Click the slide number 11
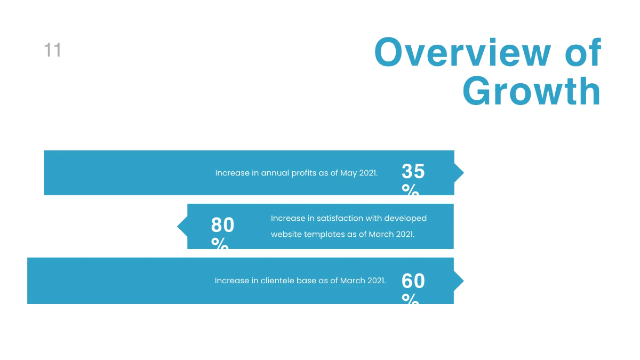[52, 51]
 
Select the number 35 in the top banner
[413, 172]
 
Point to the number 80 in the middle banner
[222, 225]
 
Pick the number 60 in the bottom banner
[413, 281]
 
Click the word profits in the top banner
[303, 173]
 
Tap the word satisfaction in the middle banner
[339, 219]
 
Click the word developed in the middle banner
[405, 219]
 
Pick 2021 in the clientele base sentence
[374, 281]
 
